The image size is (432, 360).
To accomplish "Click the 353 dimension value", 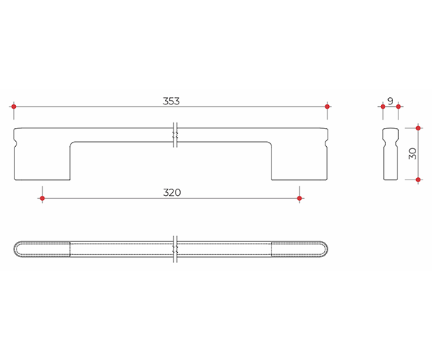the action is point(171,101).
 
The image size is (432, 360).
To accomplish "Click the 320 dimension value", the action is point(172,192).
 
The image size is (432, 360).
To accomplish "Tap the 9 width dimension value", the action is point(390,101).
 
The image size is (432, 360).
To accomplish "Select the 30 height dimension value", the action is point(413,153).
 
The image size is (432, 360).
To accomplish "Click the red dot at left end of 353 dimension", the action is point(14,107).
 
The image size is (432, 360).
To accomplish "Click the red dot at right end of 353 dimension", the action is point(327,107).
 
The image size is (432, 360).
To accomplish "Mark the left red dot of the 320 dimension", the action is point(42,198).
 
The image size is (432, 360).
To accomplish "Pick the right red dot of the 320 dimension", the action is point(300,198).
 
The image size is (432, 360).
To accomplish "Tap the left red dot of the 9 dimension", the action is point(383,107).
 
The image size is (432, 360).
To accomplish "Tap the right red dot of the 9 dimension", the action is point(398,107).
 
